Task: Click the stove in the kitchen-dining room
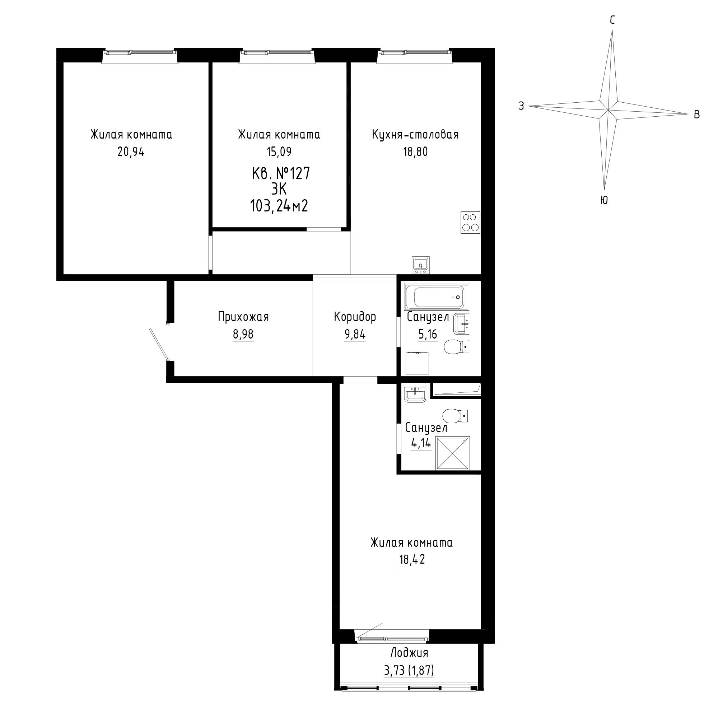pyautogui.click(x=471, y=222)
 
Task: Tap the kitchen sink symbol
pyautogui.click(x=421, y=265)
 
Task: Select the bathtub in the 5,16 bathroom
pyautogui.click(x=437, y=297)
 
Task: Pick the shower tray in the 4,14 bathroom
pyautogui.click(x=453, y=454)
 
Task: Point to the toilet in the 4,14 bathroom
pyautogui.click(x=455, y=416)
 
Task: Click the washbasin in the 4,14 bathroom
pyautogui.click(x=415, y=394)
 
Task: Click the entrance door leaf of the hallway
pyautogui.click(x=159, y=344)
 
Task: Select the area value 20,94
pyautogui.click(x=131, y=152)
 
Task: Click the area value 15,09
pyautogui.click(x=279, y=152)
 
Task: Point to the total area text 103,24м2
pyautogui.click(x=279, y=205)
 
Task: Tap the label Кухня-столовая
pyautogui.click(x=415, y=134)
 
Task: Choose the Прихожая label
pyautogui.click(x=243, y=317)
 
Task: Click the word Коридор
pyautogui.click(x=355, y=317)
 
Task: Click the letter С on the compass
pyautogui.click(x=612, y=20)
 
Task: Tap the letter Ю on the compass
pyautogui.click(x=604, y=200)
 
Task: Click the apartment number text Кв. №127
pyautogui.click(x=281, y=173)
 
